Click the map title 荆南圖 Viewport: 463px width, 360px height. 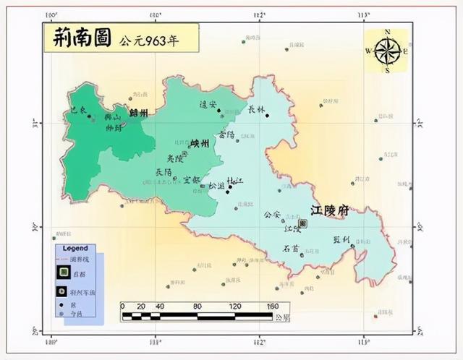point(80,39)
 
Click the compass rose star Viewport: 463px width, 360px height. point(387,51)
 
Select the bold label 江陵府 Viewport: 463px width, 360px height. point(329,210)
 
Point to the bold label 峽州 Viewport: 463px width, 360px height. point(200,144)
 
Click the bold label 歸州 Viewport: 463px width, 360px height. point(138,113)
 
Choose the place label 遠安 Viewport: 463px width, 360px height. point(208,105)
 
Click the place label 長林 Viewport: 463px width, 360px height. point(256,110)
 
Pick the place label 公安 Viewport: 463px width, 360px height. point(271,215)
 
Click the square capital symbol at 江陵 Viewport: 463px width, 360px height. point(302,224)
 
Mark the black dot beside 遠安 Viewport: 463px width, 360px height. point(219,111)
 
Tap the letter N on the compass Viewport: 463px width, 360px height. point(387,32)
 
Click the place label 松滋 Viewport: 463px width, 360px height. point(216,186)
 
